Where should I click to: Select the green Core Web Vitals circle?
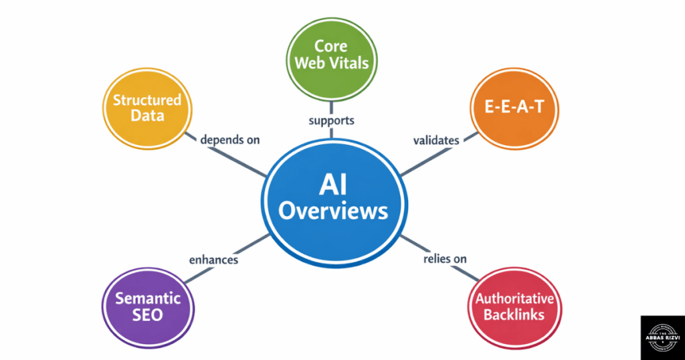(332, 56)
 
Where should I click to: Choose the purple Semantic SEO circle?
(147, 306)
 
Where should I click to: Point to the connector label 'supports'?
(332, 121)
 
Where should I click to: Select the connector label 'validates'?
(435, 141)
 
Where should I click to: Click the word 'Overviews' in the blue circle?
(332, 212)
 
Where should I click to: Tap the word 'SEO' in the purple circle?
(147, 315)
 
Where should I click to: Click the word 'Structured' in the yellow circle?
(146, 100)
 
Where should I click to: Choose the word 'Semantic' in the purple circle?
(147, 298)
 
